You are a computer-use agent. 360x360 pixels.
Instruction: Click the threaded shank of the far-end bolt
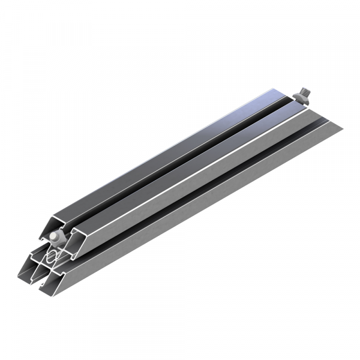(305, 94)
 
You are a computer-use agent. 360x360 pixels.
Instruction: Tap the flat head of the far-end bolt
(299, 100)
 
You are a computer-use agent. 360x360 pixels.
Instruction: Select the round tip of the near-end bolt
(54, 236)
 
